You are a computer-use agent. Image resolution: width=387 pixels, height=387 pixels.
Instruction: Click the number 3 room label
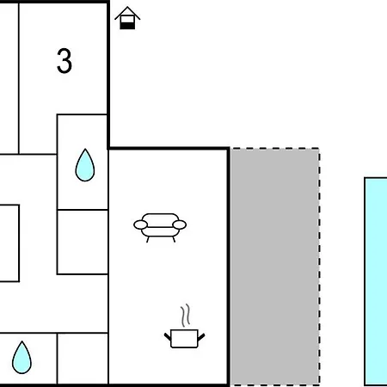64,61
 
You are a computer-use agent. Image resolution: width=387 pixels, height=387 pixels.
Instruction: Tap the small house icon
127,18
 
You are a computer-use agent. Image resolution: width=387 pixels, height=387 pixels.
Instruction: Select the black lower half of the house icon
127,26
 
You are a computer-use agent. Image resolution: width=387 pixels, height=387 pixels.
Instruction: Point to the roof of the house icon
127,13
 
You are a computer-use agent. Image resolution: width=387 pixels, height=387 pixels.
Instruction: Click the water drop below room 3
85,165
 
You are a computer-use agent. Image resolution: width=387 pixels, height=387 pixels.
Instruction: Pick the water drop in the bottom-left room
21,358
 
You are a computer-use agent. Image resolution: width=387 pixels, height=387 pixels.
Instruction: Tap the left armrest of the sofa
140,224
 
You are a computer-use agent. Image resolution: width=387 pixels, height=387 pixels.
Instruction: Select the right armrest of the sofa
180,224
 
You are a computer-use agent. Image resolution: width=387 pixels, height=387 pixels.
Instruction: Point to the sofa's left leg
148,239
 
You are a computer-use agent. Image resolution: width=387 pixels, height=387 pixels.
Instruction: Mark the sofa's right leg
174,239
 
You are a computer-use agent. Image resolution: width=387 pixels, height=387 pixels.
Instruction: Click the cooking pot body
184,339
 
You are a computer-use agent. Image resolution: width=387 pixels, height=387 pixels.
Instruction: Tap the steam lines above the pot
186,315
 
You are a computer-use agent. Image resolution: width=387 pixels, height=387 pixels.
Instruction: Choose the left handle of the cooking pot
168,336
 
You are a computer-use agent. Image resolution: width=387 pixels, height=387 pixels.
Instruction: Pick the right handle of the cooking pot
201,337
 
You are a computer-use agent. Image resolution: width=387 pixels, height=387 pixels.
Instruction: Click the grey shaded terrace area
275,267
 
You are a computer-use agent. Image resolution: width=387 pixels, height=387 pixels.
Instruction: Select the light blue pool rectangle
376,281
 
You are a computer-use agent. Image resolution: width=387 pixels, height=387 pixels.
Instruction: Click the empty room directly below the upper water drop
83,242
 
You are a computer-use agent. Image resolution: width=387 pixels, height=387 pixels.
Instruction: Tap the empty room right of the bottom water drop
83,359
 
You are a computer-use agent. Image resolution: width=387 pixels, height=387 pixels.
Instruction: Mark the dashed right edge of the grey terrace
319,267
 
